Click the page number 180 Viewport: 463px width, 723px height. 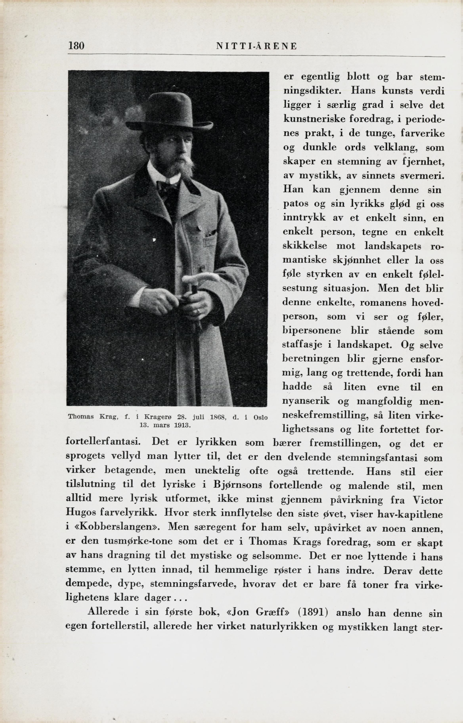tap(76, 46)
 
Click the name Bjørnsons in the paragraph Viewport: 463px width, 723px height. tap(237, 485)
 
